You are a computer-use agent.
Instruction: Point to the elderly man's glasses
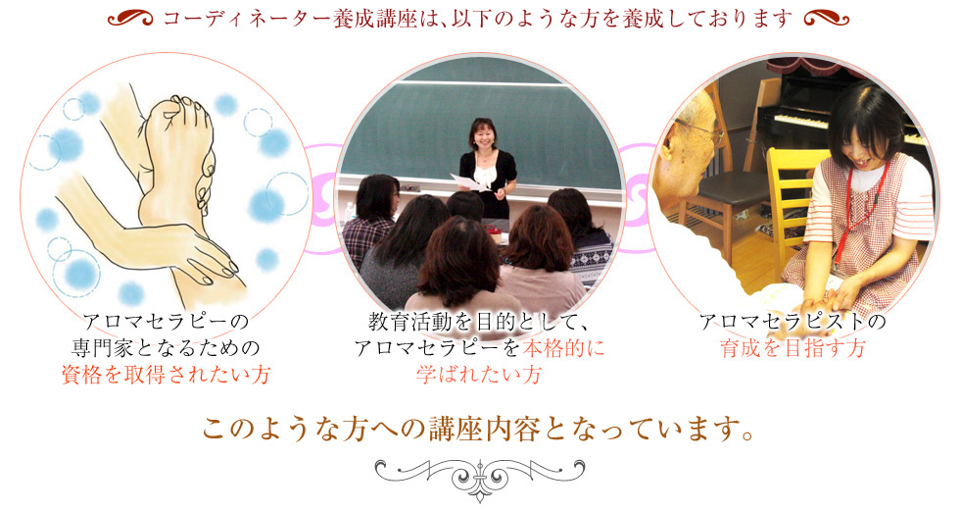click(x=704, y=128)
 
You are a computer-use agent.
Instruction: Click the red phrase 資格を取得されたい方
click(x=166, y=374)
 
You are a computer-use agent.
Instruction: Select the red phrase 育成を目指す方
click(x=792, y=348)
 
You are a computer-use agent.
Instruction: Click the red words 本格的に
click(x=563, y=348)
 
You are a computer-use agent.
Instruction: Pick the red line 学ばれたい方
click(x=479, y=374)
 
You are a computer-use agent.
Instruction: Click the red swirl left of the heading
click(x=129, y=19)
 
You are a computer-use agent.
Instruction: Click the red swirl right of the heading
click(x=827, y=19)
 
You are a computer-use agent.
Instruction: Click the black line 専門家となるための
click(x=166, y=348)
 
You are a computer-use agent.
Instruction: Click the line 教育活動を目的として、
click(x=479, y=322)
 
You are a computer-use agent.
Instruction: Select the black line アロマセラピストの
click(x=792, y=322)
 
